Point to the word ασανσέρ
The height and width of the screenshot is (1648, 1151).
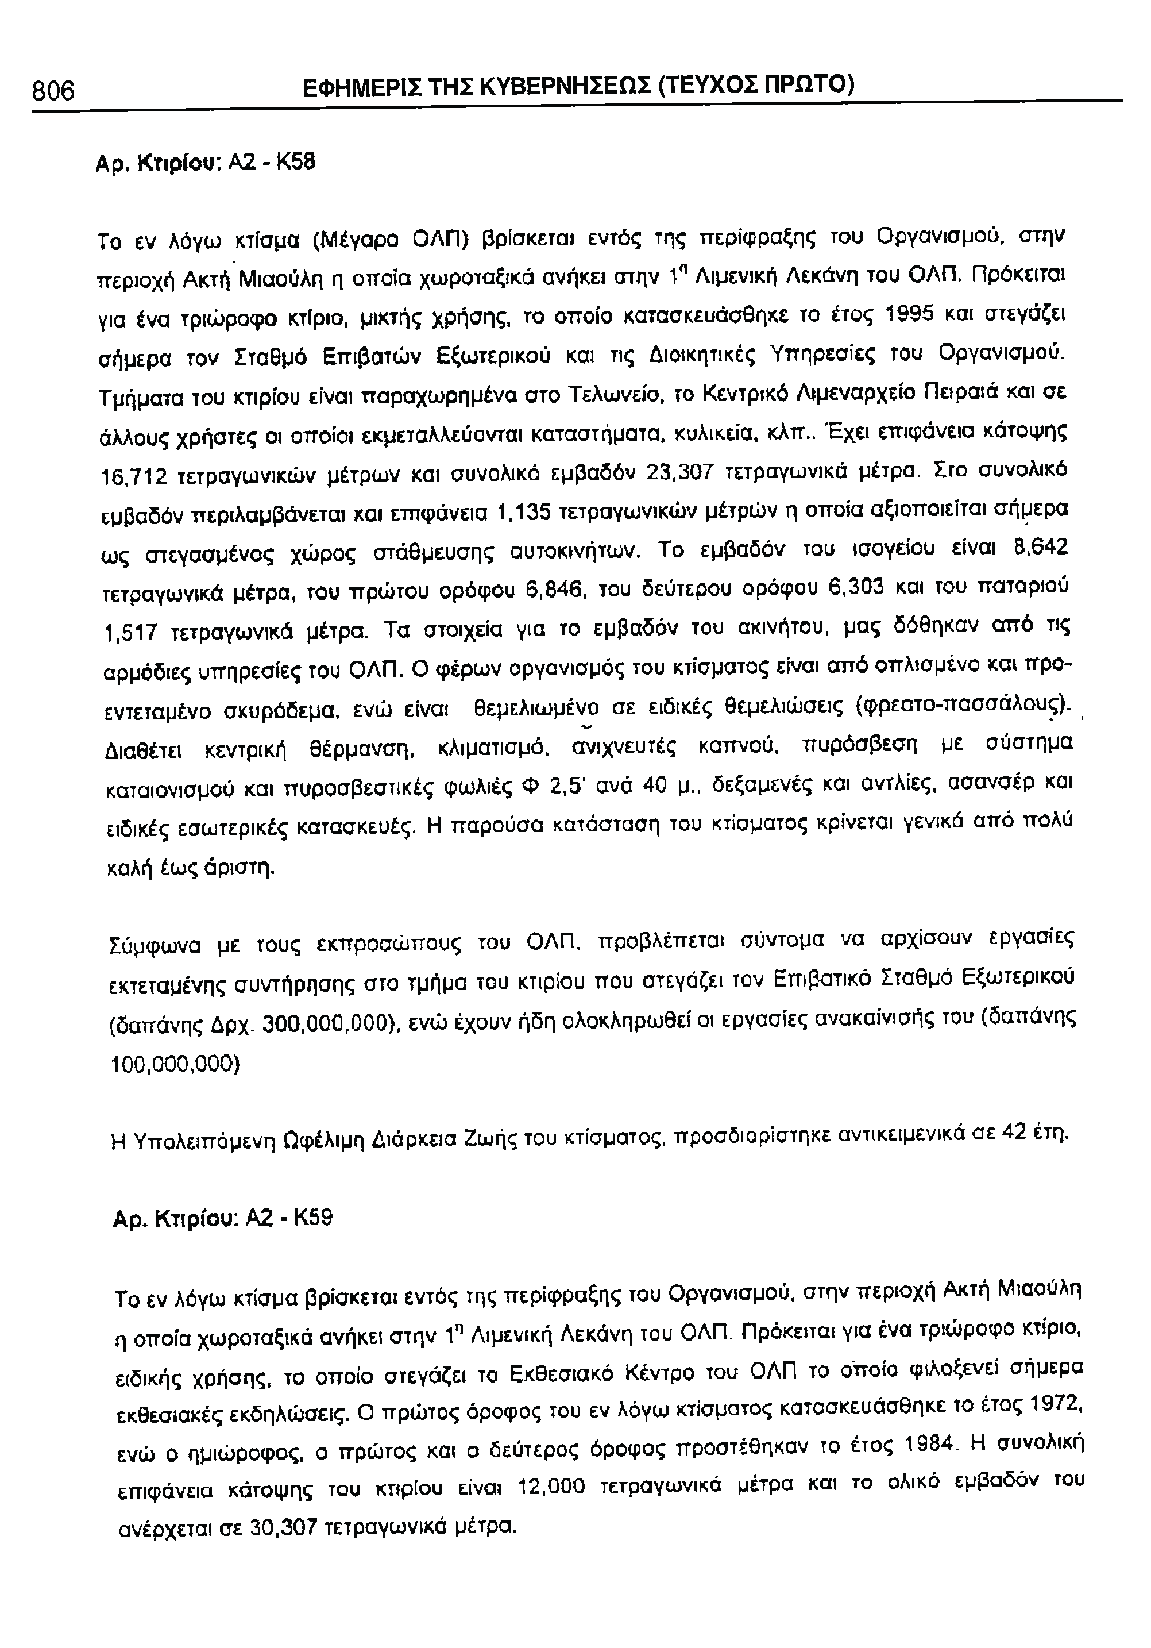coord(994,786)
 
